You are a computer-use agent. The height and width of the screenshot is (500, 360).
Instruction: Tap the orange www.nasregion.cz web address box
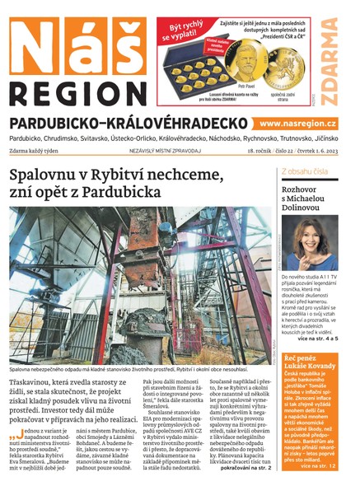302,123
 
